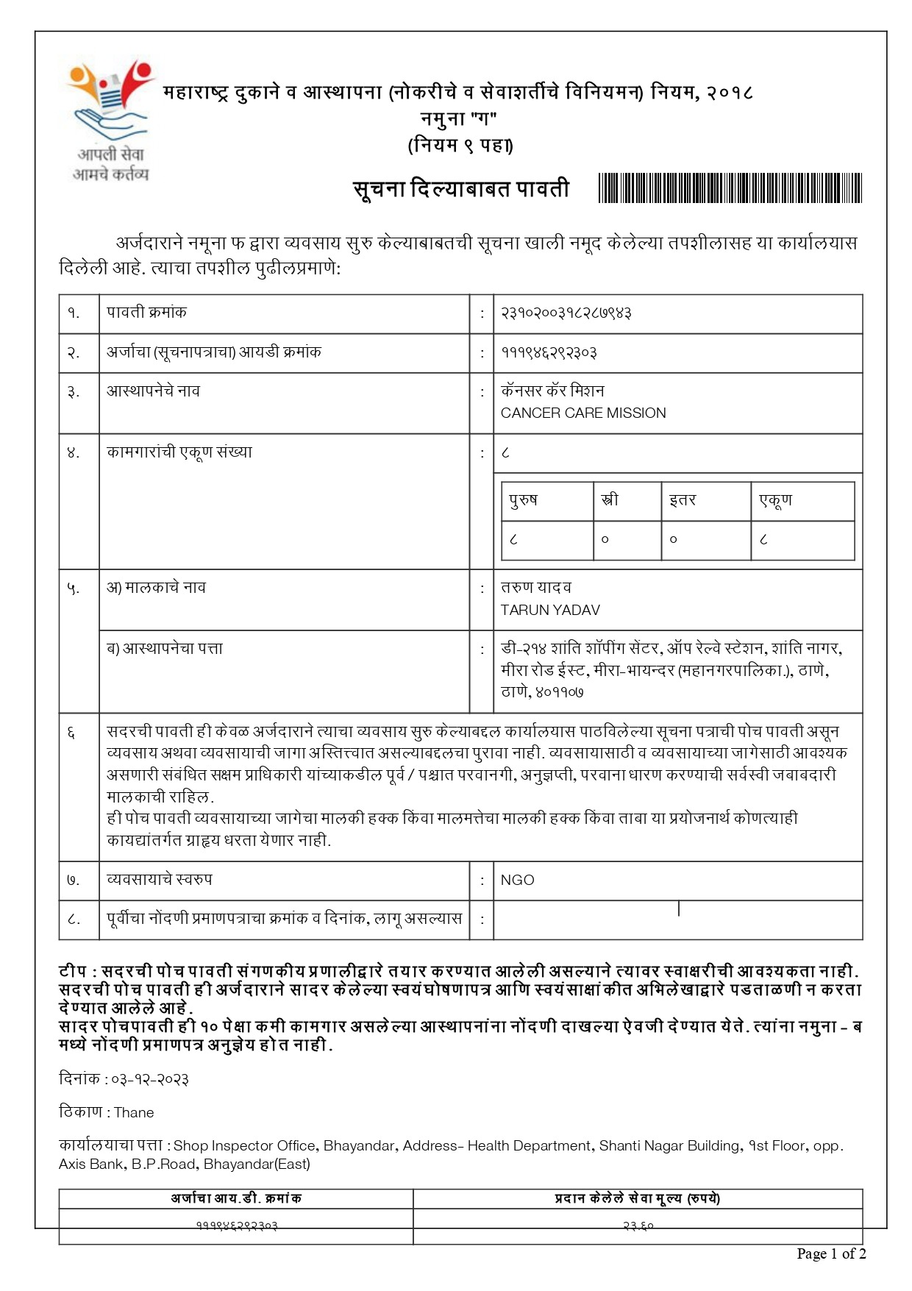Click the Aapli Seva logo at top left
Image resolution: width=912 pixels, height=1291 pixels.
(110, 121)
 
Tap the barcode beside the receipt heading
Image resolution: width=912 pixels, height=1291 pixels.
(730, 188)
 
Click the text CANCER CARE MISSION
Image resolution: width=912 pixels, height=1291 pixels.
(583, 413)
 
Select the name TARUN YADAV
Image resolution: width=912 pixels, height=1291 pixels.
(550, 610)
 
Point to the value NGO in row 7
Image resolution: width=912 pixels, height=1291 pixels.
(517, 880)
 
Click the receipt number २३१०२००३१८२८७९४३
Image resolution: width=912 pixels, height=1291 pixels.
(566, 313)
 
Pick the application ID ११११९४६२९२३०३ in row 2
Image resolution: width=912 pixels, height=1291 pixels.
(549, 352)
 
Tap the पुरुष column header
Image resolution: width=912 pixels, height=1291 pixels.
(524, 500)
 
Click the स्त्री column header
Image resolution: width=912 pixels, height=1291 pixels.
(610, 500)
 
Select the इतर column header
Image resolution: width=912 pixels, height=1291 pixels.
(682, 500)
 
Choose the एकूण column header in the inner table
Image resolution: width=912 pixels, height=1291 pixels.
(775, 500)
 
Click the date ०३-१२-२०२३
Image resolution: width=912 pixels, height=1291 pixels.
(147, 1079)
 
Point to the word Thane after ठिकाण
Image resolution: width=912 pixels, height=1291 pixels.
(134, 1112)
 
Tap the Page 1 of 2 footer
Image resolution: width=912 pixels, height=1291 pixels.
(831, 1253)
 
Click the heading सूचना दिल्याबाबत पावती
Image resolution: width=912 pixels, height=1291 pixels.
(461, 189)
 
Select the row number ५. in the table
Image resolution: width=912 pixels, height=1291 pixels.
(74, 588)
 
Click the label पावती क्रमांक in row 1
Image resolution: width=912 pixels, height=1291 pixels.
(146, 313)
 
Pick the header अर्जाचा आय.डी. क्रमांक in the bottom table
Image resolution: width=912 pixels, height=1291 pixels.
(236, 1198)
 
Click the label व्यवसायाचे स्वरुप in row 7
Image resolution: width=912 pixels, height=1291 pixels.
(160, 880)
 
